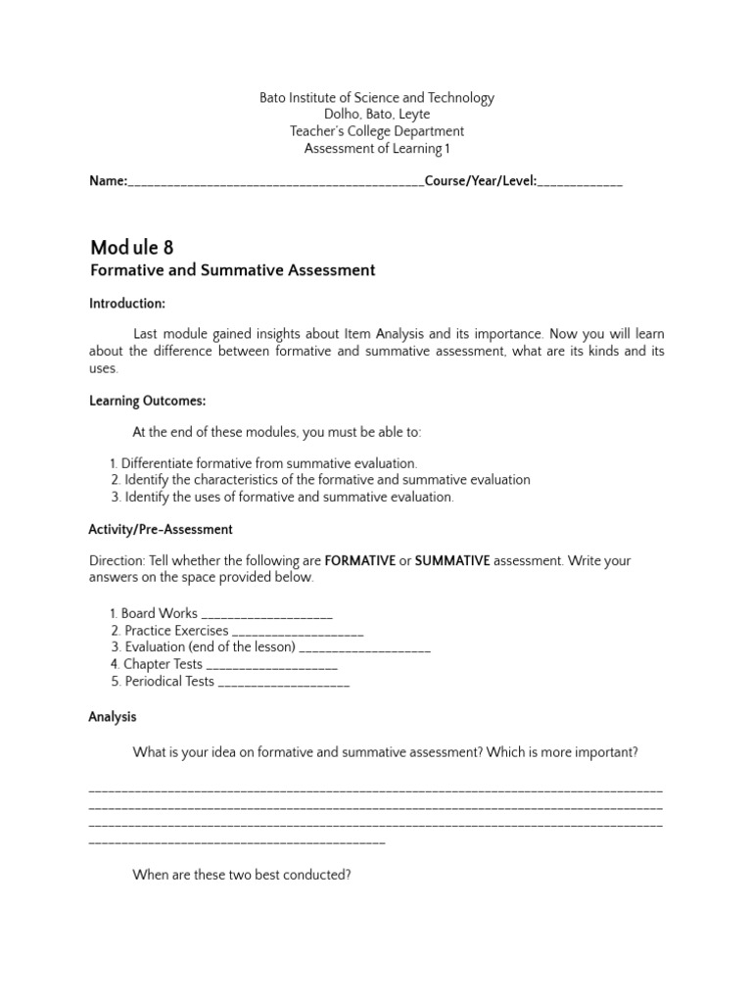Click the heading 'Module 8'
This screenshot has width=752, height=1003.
[x=131, y=247]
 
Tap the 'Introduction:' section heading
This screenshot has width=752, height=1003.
[x=127, y=304]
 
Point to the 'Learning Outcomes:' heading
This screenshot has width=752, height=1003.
[x=147, y=401]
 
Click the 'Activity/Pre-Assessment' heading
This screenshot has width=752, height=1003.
[x=161, y=530]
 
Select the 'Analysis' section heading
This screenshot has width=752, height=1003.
[x=113, y=717]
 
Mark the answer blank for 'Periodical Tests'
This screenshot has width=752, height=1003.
[x=284, y=683]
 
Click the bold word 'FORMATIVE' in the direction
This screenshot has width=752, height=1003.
[x=359, y=561]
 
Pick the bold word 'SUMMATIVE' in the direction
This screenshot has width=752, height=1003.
[x=452, y=561]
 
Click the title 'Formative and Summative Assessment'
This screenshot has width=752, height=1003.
[x=232, y=270]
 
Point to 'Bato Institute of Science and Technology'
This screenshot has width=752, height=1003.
[x=376, y=98]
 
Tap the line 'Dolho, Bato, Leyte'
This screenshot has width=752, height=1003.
[x=376, y=115]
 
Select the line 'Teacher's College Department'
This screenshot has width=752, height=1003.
[x=376, y=131]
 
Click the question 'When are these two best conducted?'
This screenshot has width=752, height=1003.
[x=242, y=875]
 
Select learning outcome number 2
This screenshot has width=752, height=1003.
[x=320, y=480]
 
